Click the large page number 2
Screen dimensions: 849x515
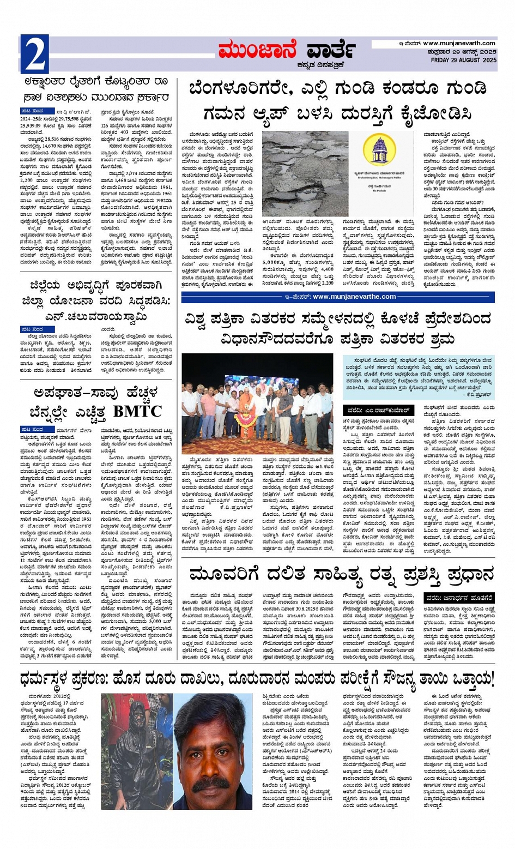pos(35,55)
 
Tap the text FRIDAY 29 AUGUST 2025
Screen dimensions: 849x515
pos(463,60)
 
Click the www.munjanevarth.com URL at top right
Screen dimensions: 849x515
pos(459,44)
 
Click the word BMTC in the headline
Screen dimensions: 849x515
pos(138,411)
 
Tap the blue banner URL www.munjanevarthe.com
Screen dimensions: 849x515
pos(354,297)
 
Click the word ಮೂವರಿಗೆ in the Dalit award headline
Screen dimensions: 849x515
pos(223,574)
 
